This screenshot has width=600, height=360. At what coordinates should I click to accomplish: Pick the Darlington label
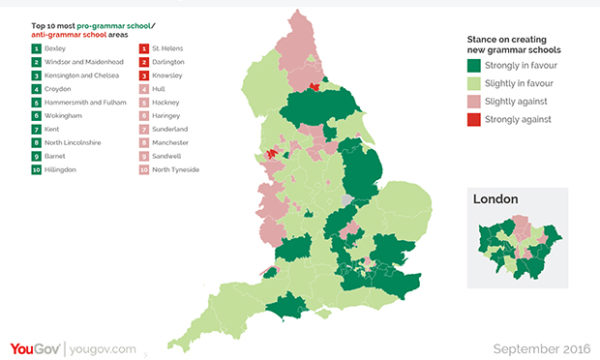(167, 62)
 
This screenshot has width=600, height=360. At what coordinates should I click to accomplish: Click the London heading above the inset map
(495, 199)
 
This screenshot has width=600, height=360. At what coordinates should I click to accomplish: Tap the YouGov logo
(32, 348)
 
